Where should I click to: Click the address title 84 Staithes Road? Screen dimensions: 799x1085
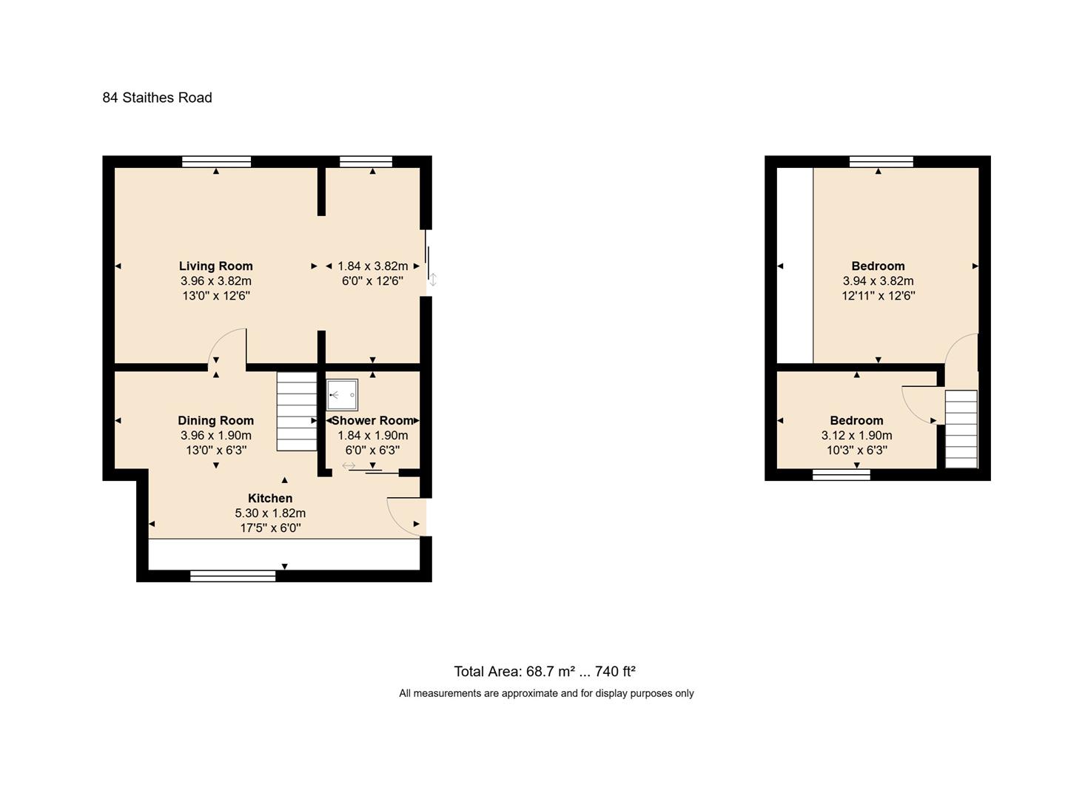[x=157, y=98]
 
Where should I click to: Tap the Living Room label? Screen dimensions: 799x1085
[x=215, y=266]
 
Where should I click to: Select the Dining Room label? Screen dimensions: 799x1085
[x=215, y=421]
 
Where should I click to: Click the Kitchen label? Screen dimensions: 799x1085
[x=269, y=499]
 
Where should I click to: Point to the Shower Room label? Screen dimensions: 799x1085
[x=372, y=421]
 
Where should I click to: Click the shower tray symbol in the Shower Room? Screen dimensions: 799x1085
[x=342, y=395]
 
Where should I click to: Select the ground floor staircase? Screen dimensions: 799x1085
[x=297, y=411]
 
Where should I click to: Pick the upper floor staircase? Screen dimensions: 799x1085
[x=961, y=429]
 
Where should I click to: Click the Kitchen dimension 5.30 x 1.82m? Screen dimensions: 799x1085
[x=269, y=513]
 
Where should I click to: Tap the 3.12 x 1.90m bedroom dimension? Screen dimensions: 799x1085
[x=856, y=436]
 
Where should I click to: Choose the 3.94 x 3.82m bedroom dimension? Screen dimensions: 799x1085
[x=878, y=281]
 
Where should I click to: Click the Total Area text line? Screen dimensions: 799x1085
[x=545, y=672]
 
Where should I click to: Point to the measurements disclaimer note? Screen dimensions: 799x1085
[x=546, y=694]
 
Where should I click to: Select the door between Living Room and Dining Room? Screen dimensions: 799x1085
[x=226, y=348]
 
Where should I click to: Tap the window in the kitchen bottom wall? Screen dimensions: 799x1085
[x=232, y=576]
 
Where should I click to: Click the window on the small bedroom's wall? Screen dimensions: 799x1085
[x=841, y=475]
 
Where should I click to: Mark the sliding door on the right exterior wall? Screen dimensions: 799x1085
[x=428, y=259]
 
